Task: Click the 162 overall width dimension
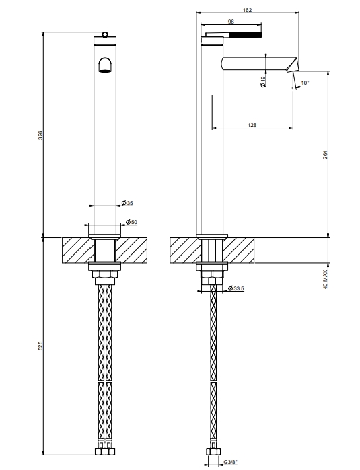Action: (247, 10)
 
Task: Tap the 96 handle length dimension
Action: (231, 22)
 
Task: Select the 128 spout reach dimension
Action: (252, 125)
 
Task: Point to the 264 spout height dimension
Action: (326, 155)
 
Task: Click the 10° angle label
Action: (305, 83)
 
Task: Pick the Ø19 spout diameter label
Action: (263, 81)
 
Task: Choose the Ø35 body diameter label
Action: (127, 203)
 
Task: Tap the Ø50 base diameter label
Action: (131, 222)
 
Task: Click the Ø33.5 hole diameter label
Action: (236, 288)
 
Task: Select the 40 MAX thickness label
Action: (326, 279)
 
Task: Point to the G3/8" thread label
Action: (230, 462)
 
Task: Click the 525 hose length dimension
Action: (41, 346)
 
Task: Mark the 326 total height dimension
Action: (41, 135)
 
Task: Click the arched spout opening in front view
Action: (105, 65)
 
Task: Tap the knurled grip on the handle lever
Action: (245, 34)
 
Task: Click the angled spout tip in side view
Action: (293, 65)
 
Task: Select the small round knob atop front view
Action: (105, 34)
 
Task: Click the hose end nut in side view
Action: (213, 451)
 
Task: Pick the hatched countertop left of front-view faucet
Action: (77, 250)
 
